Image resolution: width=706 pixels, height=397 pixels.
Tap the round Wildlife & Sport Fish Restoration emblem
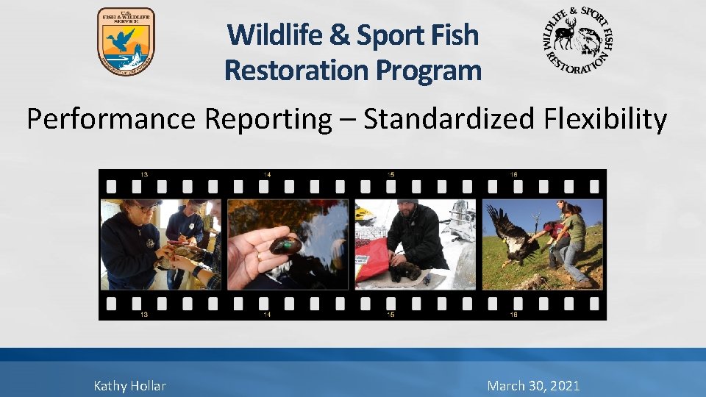click(x=578, y=41)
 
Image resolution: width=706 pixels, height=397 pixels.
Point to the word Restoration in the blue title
click(x=297, y=71)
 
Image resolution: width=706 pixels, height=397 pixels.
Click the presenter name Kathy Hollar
click(x=130, y=385)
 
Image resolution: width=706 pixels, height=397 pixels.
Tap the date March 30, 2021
click(x=533, y=385)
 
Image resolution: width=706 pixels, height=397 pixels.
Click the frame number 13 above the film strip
click(x=145, y=174)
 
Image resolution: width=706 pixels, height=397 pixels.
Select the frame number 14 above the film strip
click(x=265, y=174)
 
